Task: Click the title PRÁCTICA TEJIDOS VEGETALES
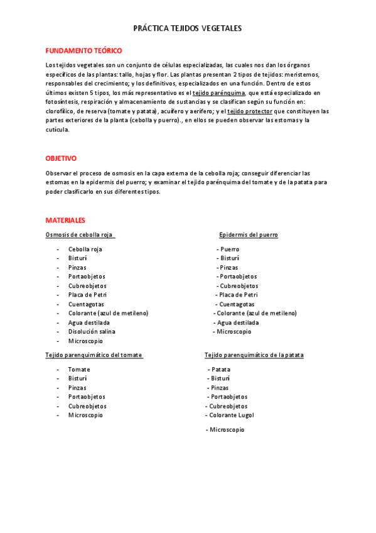(188, 29)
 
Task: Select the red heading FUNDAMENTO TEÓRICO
(83, 50)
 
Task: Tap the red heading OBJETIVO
(61, 158)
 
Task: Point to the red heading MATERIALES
(65, 221)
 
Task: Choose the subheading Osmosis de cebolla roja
(80, 235)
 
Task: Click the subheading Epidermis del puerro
(248, 235)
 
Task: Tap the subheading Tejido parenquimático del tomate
(94, 355)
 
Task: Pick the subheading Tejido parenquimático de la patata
(254, 355)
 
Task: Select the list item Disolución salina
(92, 332)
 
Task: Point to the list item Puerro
(230, 250)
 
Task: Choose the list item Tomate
(79, 370)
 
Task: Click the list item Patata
(221, 370)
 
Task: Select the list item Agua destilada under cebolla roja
(89, 322)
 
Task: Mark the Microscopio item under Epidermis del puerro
(234, 332)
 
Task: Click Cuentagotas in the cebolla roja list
(87, 304)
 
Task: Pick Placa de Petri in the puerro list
(239, 295)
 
